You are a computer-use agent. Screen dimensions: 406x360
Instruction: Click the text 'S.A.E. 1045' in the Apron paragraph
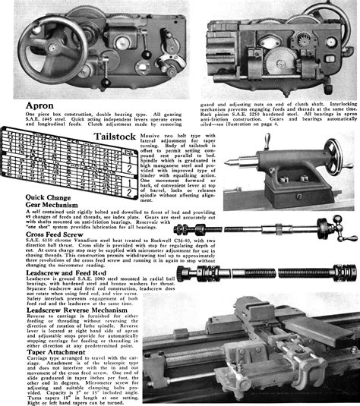tap(22, 120)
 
